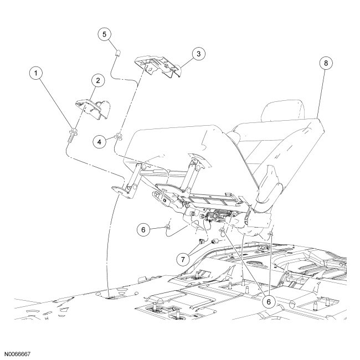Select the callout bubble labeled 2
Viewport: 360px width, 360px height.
tap(97, 81)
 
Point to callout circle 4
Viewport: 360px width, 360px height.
tap(100, 141)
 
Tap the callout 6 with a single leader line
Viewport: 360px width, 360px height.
tap(143, 229)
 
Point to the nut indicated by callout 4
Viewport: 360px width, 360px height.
tap(118, 137)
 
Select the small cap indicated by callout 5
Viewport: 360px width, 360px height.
tap(117, 53)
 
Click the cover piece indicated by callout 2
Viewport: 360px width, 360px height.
tap(91, 107)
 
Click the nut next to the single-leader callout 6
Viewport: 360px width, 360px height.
tap(166, 227)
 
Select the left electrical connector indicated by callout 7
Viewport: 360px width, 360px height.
tap(203, 241)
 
